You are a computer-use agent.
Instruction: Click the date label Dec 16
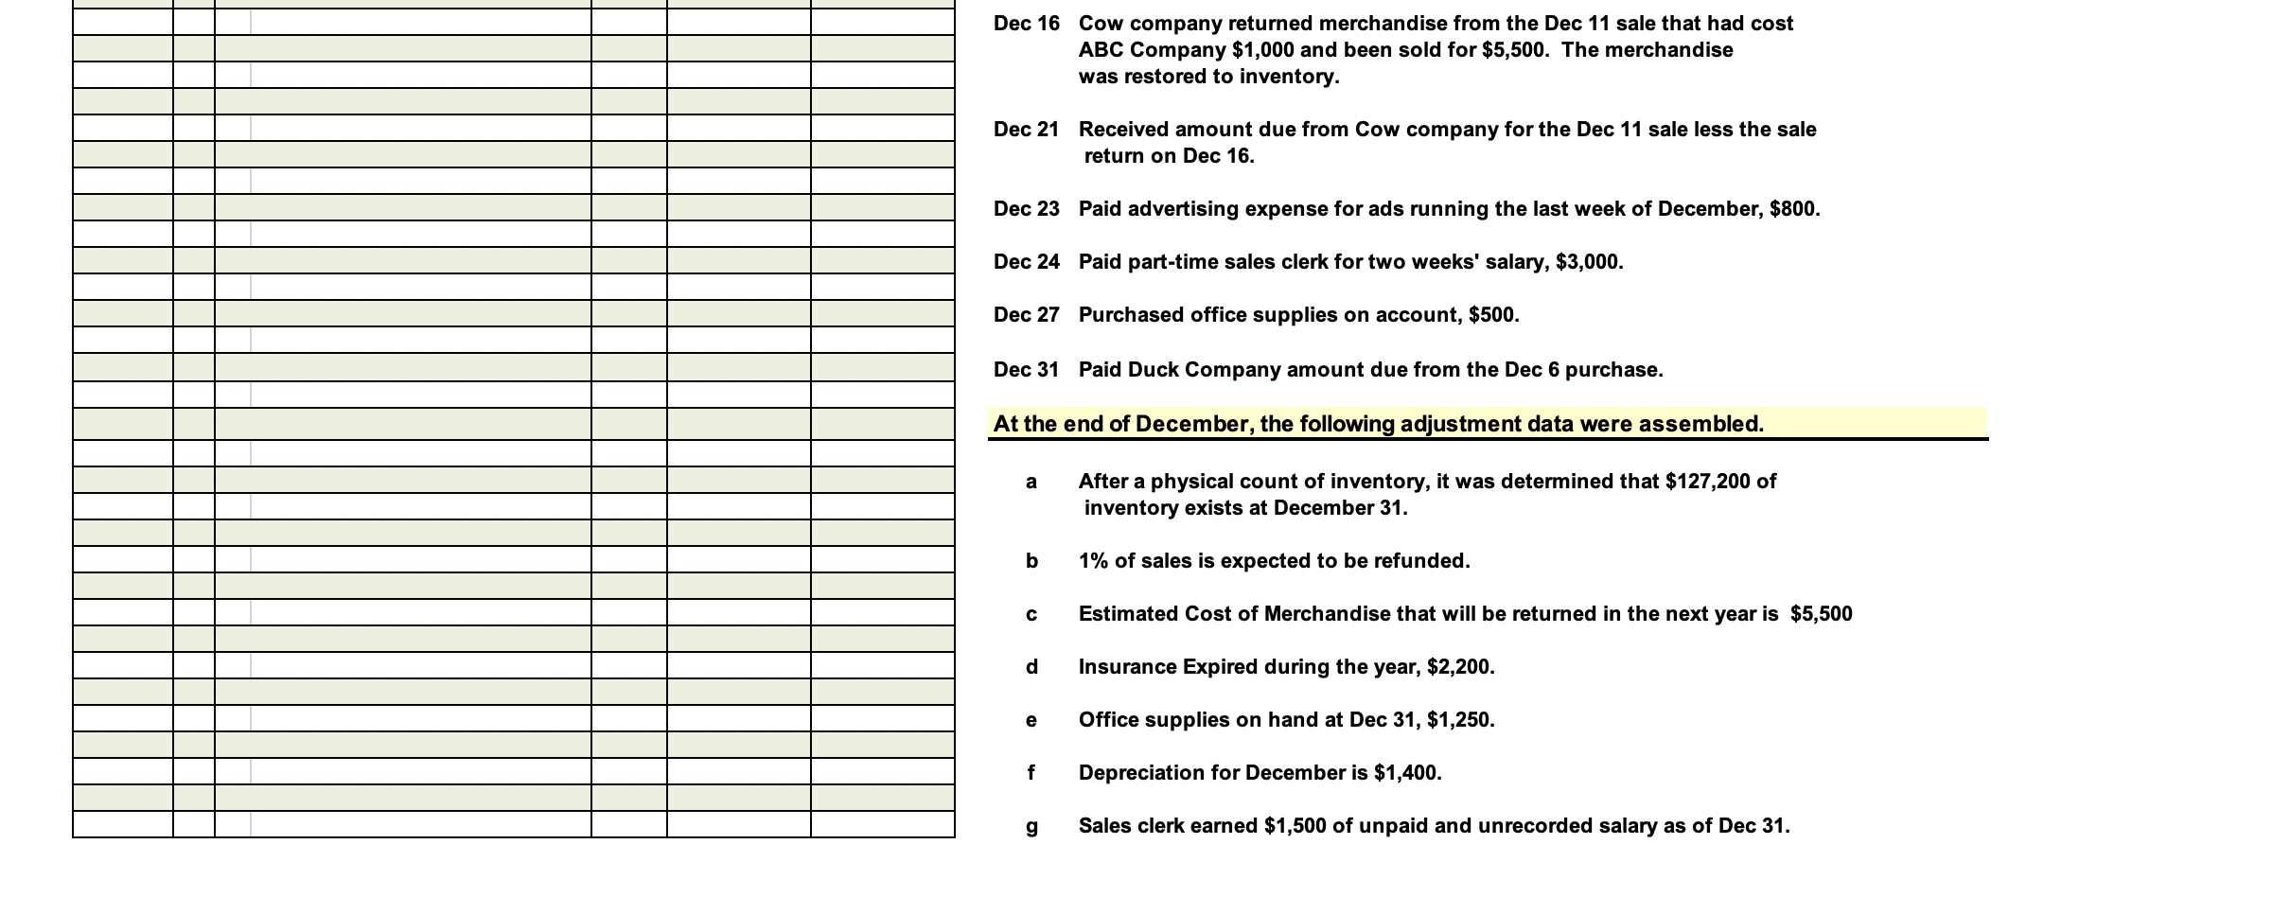[1026, 24]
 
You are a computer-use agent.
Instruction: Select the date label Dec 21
[1026, 130]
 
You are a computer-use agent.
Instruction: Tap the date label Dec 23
[1026, 209]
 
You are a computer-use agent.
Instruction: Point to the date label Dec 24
[1026, 262]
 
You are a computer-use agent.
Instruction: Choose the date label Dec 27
[1026, 315]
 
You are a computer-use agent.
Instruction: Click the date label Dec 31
[1026, 370]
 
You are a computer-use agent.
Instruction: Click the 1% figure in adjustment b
[1093, 561]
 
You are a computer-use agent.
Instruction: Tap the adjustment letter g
[1031, 827]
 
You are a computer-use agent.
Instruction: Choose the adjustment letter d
[1031, 667]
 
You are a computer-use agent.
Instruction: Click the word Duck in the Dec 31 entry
[1154, 370]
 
